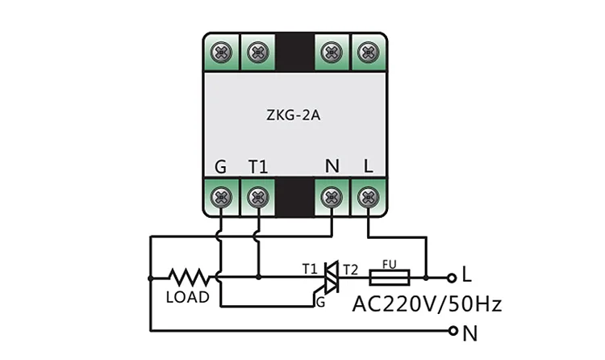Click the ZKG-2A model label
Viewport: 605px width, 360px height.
pyautogui.click(x=294, y=115)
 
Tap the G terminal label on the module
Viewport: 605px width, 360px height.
pyautogui.click(x=220, y=167)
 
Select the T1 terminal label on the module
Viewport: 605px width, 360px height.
pyautogui.click(x=258, y=167)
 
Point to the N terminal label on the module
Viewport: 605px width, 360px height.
pyautogui.click(x=332, y=166)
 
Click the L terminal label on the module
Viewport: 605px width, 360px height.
pyautogui.click(x=368, y=166)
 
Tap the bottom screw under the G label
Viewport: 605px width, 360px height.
pyautogui.click(x=221, y=198)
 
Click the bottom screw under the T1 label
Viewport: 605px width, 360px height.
pyautogui.click(x=258, y=198)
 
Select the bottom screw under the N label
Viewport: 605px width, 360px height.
pyautogui.click(x=332, y=198)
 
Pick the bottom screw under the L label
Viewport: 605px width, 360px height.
pyautogui.click(x=368, y=198)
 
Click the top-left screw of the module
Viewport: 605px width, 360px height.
pyautogui.click(x=221, y=52)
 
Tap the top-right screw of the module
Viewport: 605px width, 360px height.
pyautogui.click(x=368, y=52)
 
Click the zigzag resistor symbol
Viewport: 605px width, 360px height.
pyautogui.click(x=189, y=278)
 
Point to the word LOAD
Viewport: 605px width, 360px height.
pyautogui.click(x=187, y=297)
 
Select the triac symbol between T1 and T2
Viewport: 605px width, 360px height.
pyautogui.click(x=330, y=278)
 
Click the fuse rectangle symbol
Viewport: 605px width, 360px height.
pyautogui.click(x=390, y=278)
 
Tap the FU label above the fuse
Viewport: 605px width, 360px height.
pyautogui.click(x=390, y=265)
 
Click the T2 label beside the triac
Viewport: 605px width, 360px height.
pyautogui.click(x=350, y=270)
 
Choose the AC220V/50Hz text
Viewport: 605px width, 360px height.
pyautogui.click(x=427, y=304)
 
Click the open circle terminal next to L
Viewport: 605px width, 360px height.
pyautogui.click(x=452, y=278)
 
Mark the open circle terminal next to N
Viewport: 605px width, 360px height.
pyautogui.click(x=453, y=331)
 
